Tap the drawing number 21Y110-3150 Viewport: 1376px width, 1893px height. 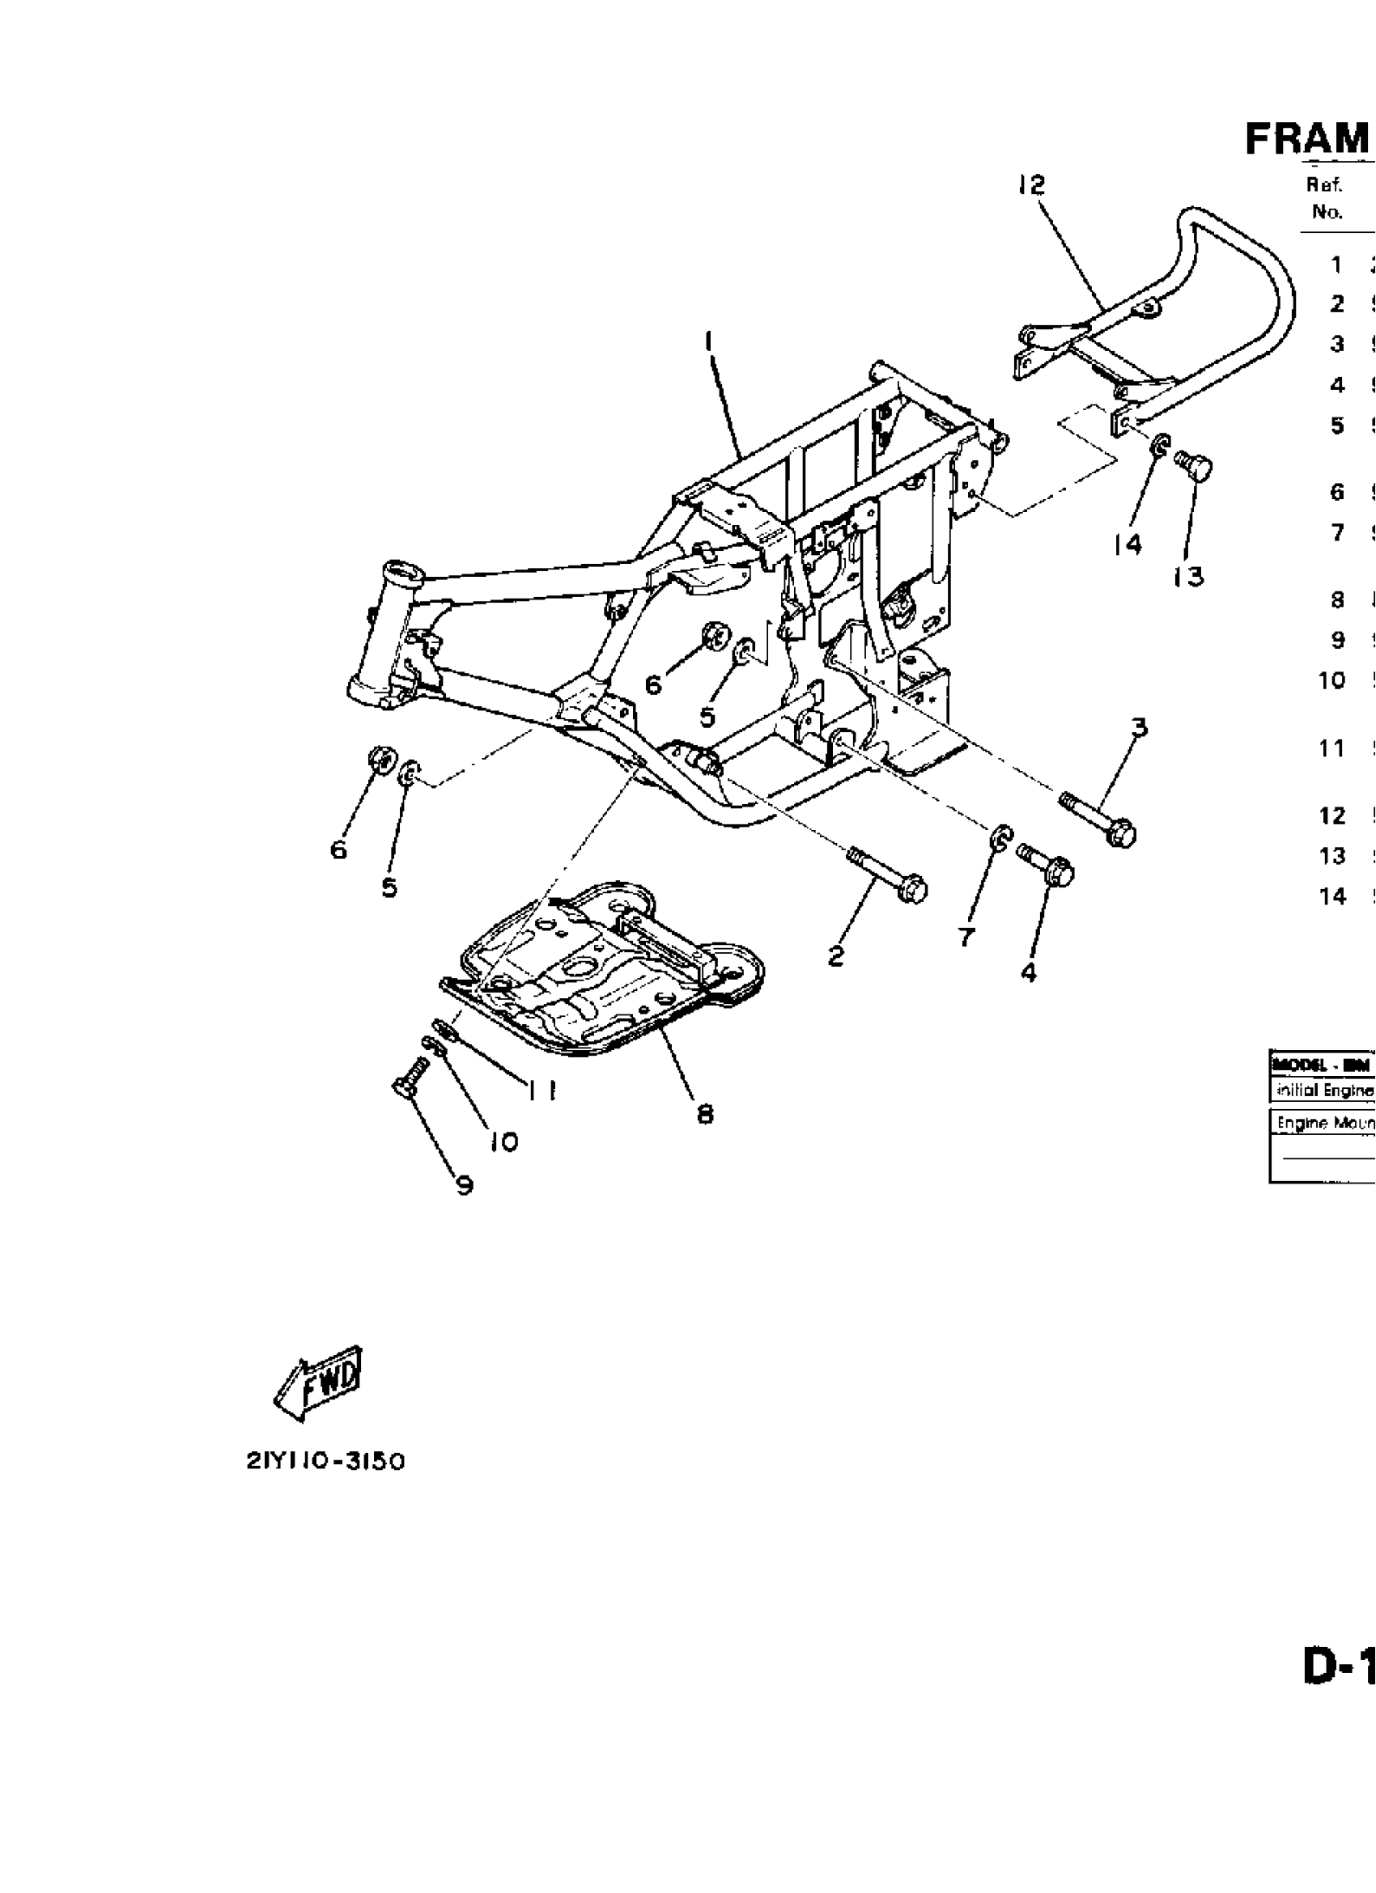click(325, 1462)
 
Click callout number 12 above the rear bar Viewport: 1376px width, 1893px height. click(1032, 184)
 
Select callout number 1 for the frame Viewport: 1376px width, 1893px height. click(708, 342)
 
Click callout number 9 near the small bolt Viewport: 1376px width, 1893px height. click(465, 1185)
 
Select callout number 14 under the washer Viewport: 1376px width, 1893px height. click(1127, 544)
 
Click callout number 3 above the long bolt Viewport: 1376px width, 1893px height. click(1139, 728)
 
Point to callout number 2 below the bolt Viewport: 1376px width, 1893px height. click(836, 955)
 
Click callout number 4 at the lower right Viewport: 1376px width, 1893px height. click(1029, 972)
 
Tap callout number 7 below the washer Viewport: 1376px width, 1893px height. click(966, 938)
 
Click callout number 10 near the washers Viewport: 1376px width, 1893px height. click(504, 1141)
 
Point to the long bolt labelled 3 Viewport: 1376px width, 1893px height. click(1098, 819)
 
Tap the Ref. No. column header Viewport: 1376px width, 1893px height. click(1326, 199)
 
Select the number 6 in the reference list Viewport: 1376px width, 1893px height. click(1337, 492)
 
